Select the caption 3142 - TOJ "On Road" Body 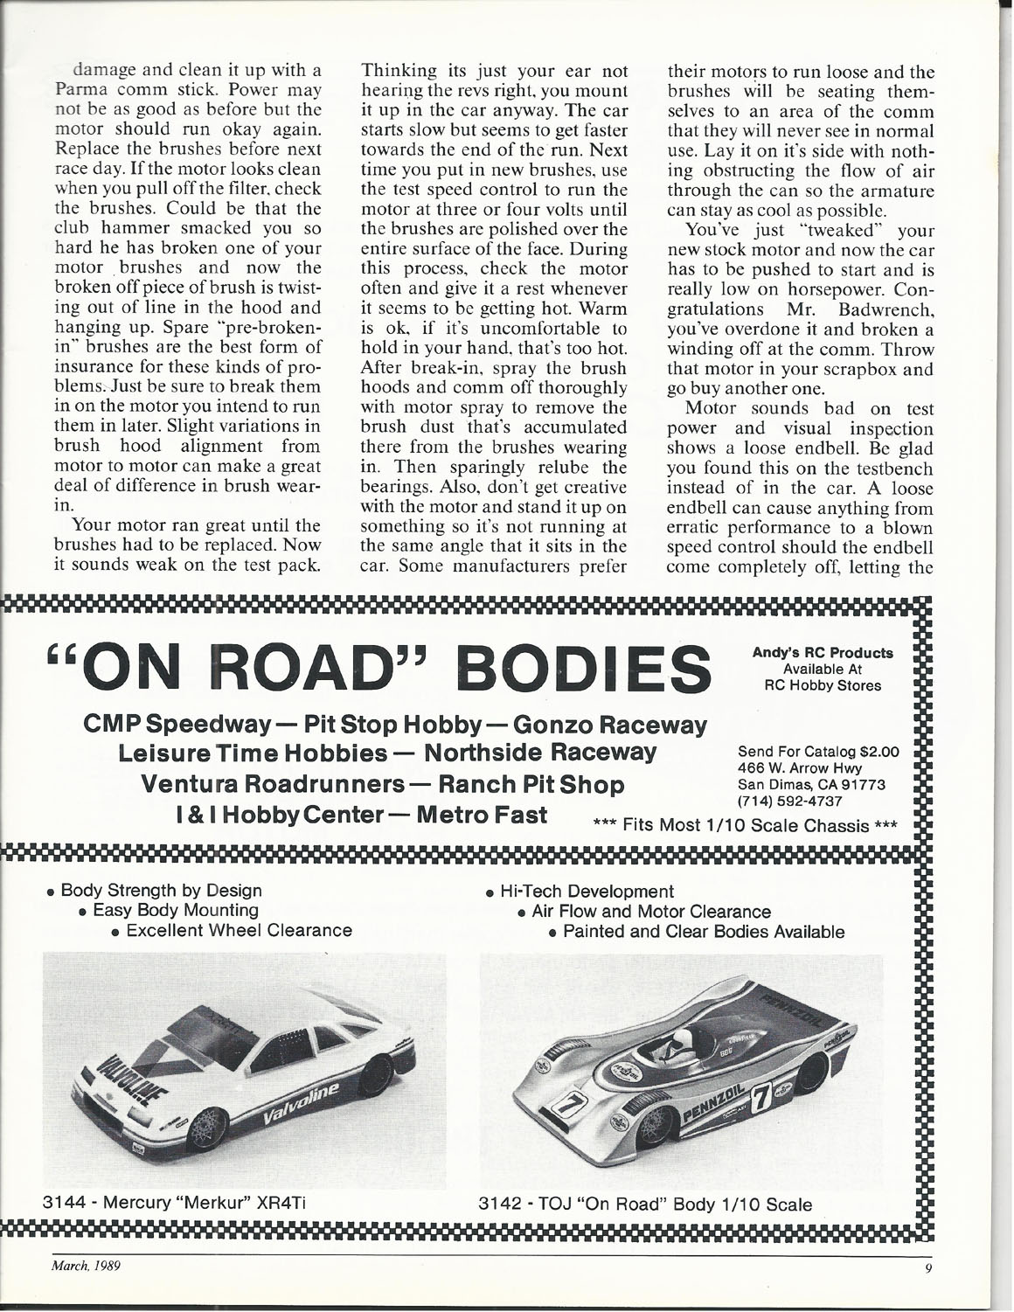[x=647, y=1204]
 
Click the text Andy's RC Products [x=822, y=653]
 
